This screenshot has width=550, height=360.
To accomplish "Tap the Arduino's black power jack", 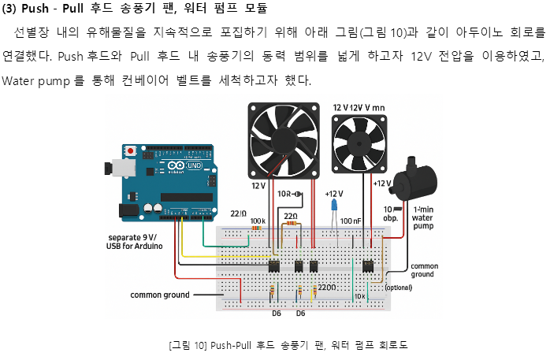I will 127,210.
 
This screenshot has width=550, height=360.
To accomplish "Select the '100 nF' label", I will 351,221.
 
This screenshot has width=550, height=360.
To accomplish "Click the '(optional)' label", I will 399,288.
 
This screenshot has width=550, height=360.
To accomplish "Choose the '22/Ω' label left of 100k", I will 239,213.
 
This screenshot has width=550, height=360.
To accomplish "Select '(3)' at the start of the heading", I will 13,9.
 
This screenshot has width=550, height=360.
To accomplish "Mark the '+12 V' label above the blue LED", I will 334,193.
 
